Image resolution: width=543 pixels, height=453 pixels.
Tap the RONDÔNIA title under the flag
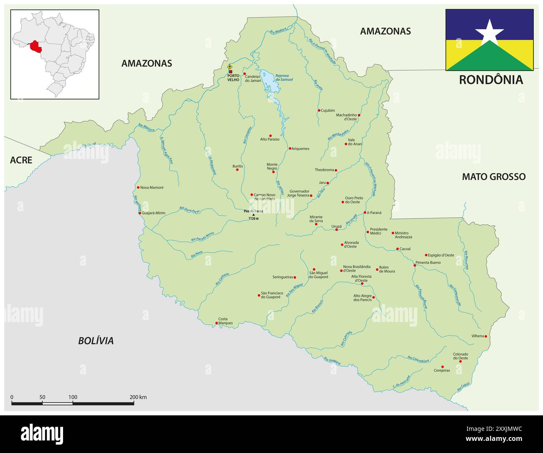[x=491, y=80]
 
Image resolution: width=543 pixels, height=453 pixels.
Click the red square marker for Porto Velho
[x=230, y=72]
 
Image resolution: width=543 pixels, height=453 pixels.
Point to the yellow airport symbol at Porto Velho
[x=230, y=67]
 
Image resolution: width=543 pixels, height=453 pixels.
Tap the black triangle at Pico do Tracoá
[x=253, y=215]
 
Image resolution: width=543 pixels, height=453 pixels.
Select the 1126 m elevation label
[x=254, y=219]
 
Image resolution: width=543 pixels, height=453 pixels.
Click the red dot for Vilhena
[x=486, y=336]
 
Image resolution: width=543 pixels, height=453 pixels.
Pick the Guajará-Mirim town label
[x=154, y=213]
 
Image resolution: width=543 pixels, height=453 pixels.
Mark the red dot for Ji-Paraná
[x=365, y=212]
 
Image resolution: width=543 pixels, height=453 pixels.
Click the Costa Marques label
[x=226, y=321]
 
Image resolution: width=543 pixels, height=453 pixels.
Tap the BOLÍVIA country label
[x=96, y=341]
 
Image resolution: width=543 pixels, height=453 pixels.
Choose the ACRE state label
[x=21, y=160]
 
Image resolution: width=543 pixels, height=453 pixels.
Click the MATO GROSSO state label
[x=493, y=177]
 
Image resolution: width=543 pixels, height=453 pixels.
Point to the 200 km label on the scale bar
[x=138, y=397]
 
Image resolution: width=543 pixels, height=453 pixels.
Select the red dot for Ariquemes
[x=290, y=148]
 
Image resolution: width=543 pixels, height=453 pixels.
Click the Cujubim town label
[x=328, y=110]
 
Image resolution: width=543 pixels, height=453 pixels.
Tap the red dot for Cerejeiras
[x=443, y=367]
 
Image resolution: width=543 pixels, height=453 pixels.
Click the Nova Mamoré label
[x=152, y=187]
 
